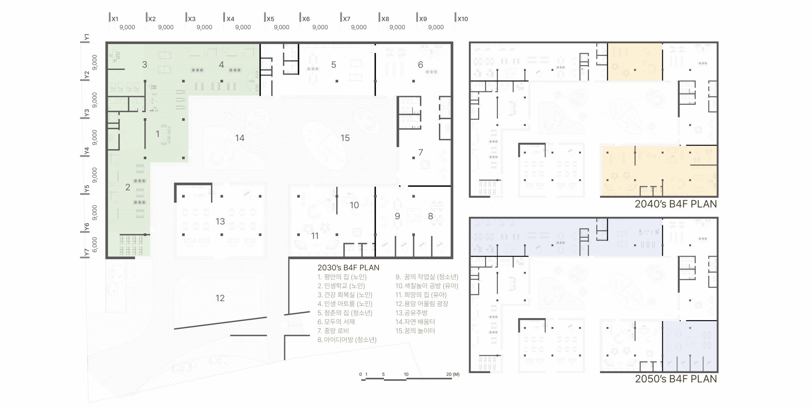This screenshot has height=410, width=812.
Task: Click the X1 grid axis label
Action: click(115, 19)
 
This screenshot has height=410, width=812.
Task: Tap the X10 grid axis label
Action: click(463, 19)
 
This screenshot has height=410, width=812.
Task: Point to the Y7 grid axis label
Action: click(87, 252)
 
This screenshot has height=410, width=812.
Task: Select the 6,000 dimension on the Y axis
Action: click(94, 245)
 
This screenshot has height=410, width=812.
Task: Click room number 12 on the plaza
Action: click(220, 298)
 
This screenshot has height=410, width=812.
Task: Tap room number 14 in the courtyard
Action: click(240, 138)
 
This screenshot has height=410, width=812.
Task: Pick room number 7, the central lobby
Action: click(420, 152)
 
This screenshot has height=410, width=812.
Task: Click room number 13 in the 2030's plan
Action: click(220, 222)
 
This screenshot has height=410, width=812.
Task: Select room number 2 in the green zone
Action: click(128, 187)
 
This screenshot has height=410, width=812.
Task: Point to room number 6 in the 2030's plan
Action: click(420, 65)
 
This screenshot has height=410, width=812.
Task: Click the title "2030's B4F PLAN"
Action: click(348, 268)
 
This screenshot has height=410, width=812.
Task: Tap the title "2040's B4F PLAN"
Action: click(676, 204)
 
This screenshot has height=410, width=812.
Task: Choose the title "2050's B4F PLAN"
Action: click(676, 379)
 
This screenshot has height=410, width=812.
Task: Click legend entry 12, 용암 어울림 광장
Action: click(422, 304)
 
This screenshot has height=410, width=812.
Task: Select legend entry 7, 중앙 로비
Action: click(333, 331)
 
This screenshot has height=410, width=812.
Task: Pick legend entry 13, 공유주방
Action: click(412, 313)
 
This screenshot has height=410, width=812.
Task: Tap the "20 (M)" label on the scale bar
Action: click(453, 374)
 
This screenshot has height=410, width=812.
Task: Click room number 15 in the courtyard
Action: click(345, 138)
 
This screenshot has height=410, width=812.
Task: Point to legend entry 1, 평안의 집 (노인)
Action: click(342, 277)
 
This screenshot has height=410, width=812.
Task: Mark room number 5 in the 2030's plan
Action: click(334, 65)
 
